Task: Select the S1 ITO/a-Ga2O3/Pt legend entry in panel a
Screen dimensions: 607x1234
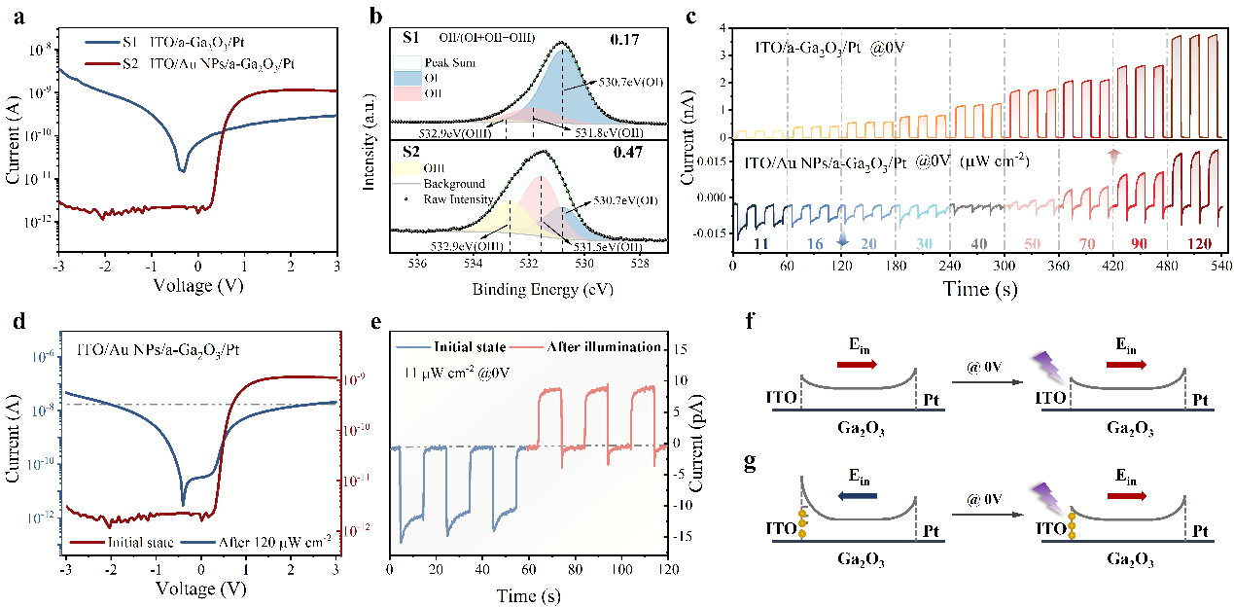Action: click(165, 43)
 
